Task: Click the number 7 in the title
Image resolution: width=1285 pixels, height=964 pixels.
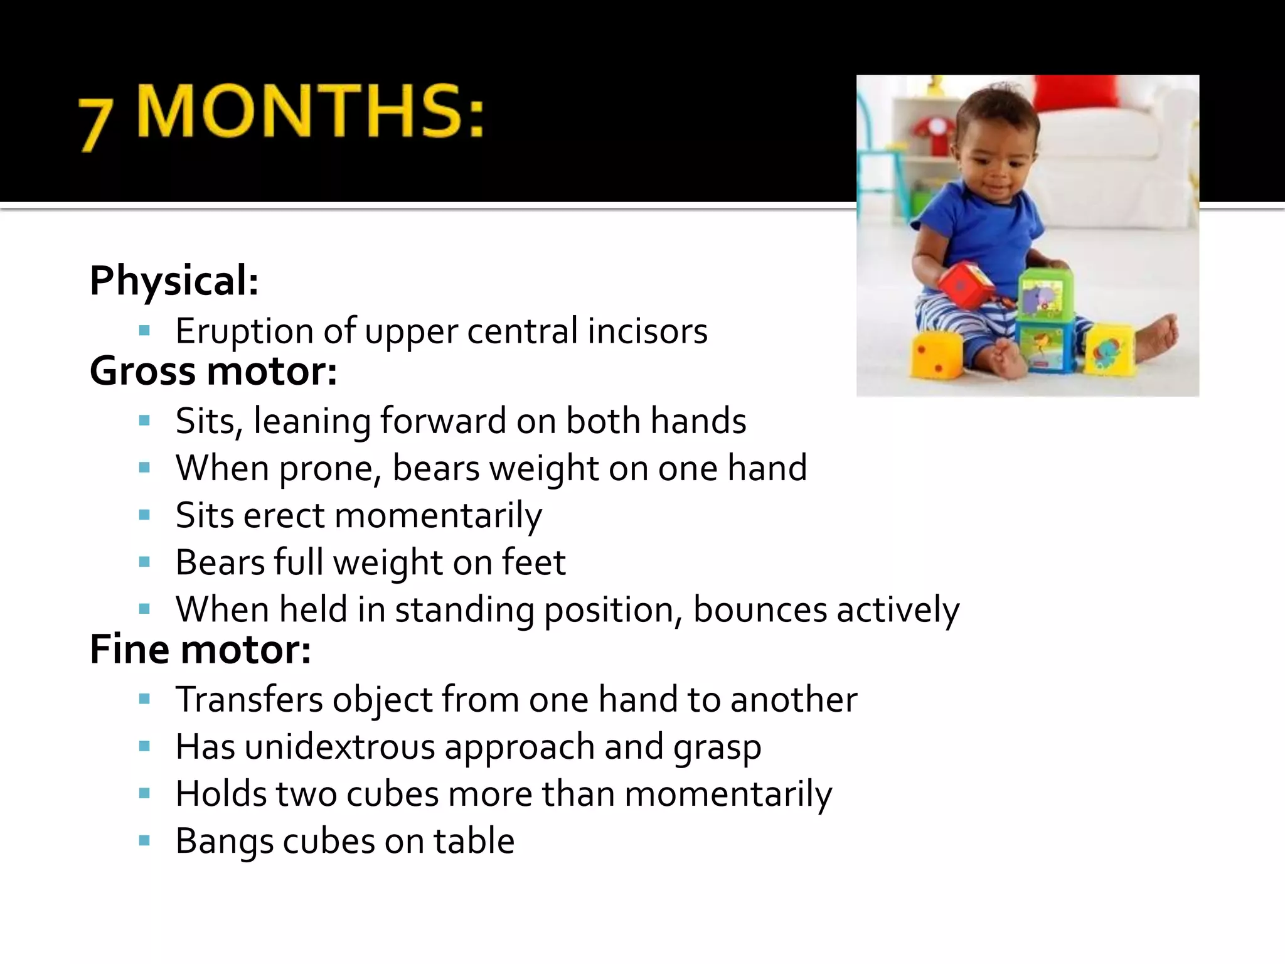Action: tap(95, 124)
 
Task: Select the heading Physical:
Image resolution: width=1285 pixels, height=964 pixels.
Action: tap(174, 281)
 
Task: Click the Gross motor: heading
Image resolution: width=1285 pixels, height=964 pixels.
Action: tap(213, 371)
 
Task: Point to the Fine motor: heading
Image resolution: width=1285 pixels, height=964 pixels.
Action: tap(200, 650)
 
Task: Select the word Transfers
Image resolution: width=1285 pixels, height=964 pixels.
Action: tap(249, 699)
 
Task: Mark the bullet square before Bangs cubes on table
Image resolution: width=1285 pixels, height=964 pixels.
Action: tap(145, 841)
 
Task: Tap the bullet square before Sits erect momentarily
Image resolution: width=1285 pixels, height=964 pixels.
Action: tap(145, 515)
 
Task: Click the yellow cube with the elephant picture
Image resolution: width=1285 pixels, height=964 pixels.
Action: tap(1109, 349)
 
